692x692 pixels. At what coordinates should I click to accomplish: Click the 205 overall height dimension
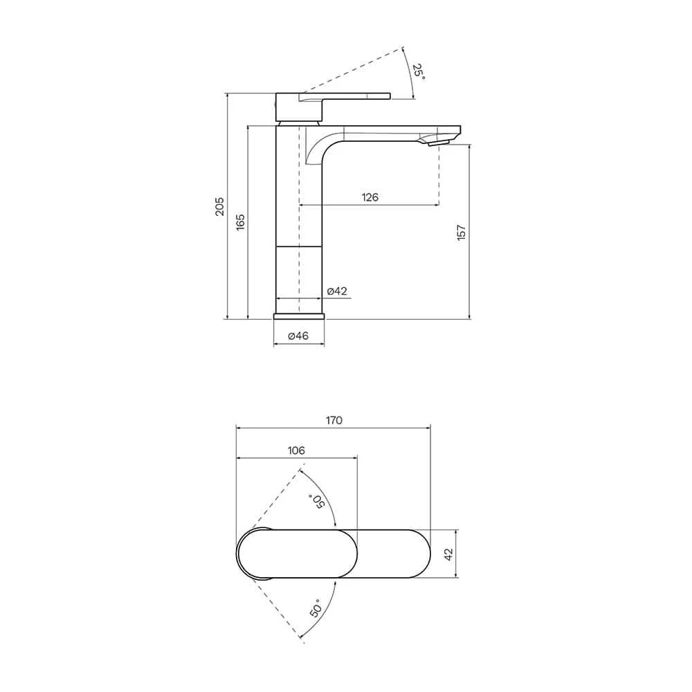tap(220, 206)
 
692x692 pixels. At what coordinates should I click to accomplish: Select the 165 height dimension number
tap(241, 222)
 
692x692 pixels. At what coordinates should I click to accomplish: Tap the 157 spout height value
tap(461, 233)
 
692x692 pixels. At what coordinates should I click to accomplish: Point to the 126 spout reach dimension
tap(370, 197)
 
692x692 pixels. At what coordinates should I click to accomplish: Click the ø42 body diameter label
tap(337, 291)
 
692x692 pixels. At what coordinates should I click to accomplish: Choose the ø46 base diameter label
tap(298, 336)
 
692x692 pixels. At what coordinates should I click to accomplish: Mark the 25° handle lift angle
tap(419, 71)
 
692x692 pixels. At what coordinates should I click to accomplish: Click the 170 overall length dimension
tap(334, 420)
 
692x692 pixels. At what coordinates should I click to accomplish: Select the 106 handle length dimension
tap(296, 450)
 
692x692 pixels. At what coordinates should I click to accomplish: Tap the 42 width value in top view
tap(448, 554)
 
